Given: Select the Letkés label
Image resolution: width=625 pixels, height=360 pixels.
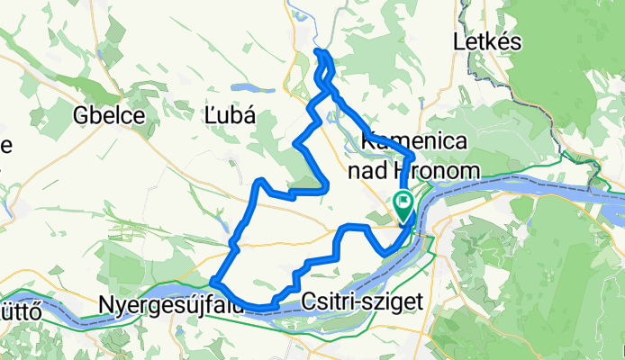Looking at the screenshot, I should (x=485, y=42).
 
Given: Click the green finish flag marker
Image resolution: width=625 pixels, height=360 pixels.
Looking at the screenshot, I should (x=403, y=202).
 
